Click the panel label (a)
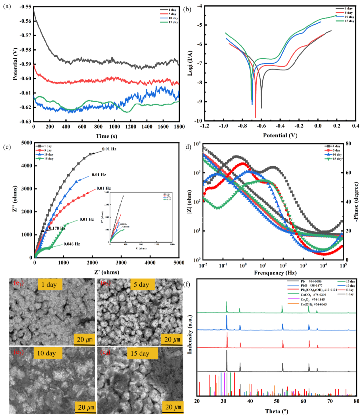(x=7, y=6)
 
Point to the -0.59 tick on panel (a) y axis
(x=26, y=64)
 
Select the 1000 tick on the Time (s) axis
(x=114, y=127)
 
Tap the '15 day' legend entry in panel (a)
(x=173, y=22)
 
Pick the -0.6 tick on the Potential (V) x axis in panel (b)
(x=261, y=126)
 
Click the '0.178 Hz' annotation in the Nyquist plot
(x=57, y=228)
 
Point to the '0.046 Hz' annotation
(x=72, y=244)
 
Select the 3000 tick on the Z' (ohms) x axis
(x=121, y=263)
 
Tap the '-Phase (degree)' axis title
(x=356, y=202)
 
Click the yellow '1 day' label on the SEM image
(x=50, y=285)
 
